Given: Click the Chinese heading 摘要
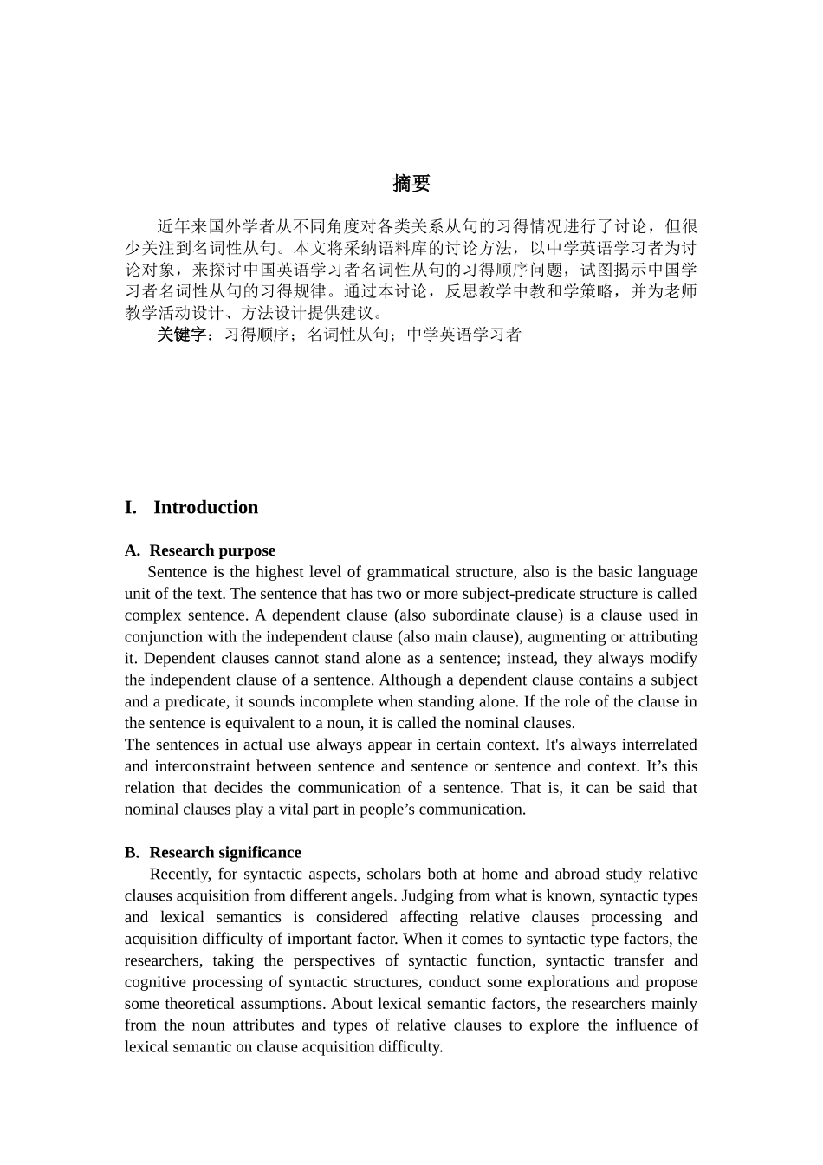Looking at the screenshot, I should (411, 184).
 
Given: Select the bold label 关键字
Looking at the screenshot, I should (182, 335).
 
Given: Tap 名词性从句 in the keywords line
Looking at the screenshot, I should (348, 335).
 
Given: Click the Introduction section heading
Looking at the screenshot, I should (205, 508).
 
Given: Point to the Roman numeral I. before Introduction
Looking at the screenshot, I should (131, 508).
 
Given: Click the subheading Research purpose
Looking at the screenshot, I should (212, 550).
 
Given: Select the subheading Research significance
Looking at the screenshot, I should (225, 852).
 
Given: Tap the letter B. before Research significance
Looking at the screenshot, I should (132, 852).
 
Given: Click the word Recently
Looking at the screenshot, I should (180, 874).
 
